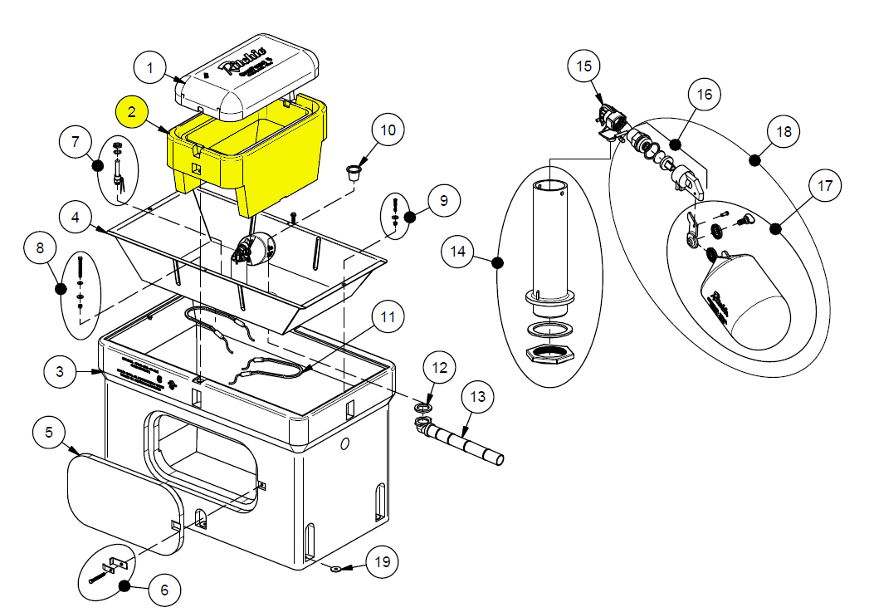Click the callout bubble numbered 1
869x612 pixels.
click(150, 67)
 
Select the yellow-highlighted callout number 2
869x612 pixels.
click(132, 110)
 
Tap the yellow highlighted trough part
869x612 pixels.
click(249, 158)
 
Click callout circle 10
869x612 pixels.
click(389, 130)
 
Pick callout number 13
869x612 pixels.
click(476, 397)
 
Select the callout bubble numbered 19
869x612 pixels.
click(381, 562)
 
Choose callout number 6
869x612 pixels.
click(164, 590)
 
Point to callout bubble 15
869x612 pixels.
click(584, 66)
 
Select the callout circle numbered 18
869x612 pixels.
click(783, 132)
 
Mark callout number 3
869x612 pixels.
click(60, 372)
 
